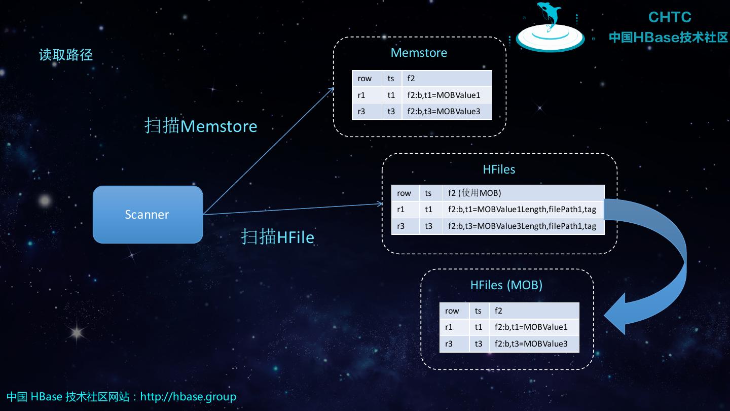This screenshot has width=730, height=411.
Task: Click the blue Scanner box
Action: click(x=148, y=215)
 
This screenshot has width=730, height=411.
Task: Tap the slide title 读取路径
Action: click(x=66, y=55)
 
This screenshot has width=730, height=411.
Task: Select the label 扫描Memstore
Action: click(x=201, y=126)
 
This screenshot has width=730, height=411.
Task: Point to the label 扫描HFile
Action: click(x=277, y=237)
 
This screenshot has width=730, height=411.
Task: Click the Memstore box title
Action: click(x=419, y=53)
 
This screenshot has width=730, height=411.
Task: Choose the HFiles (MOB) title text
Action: click(x=506, y=285)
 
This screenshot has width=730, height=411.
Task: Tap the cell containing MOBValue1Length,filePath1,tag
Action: click(x=523, y=209)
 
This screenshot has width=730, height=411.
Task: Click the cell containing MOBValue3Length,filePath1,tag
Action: click(x=523, y=226)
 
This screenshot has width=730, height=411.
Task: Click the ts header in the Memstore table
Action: click(x=391, y=78)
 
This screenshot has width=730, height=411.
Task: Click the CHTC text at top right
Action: click(x=669, y=17)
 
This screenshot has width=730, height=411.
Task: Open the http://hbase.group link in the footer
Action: click(x=188, y=396)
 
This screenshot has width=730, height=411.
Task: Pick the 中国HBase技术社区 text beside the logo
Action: click(x=668, y=38)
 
